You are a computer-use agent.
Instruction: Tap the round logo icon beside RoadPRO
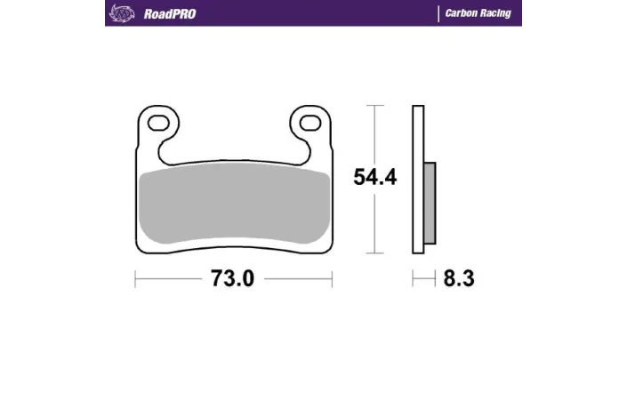(x=118, y=13)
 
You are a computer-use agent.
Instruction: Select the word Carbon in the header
(x=462, y=14)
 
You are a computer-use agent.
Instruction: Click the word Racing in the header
(x=495, y=14)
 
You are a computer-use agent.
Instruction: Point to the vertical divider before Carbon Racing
(x=438, y=14)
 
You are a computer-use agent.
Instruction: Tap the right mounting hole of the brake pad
(x=309, y=122)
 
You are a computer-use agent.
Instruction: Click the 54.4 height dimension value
(x=374, y=177)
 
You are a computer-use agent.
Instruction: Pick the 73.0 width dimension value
(x=232, y=279)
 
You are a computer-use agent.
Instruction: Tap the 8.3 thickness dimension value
(x=459, y=279)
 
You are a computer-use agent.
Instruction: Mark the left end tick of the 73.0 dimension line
(x=135, y=279)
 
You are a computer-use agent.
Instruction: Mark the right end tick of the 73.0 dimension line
(x=332, y=279)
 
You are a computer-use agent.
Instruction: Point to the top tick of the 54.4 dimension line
(x=375, y=106)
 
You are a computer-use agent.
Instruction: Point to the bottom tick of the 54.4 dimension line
(x=375, y=254)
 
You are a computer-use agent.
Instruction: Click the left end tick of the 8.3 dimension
(x=413, y=279)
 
